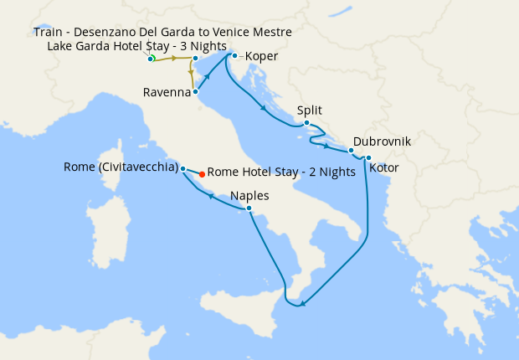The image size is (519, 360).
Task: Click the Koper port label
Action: (262, 57)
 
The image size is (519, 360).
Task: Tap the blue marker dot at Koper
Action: (234, 56)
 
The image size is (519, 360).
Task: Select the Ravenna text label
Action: (167, 92)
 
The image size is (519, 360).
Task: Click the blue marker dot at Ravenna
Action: (196, 92)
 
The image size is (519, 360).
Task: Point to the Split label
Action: (309, 110)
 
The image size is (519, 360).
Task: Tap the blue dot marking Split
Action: (307, 124)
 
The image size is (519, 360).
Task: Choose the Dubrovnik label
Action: (382, 141)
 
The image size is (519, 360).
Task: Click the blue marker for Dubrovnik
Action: (352, 151)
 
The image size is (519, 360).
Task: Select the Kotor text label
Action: (384, 168)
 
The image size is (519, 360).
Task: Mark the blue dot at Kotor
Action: (368, 157)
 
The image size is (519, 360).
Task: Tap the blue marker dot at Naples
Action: (249, 208)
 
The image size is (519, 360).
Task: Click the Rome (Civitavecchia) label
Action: (121, 167)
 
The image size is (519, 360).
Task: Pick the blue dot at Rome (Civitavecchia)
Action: (182, 168)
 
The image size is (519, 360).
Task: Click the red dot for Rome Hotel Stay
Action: (202, 175)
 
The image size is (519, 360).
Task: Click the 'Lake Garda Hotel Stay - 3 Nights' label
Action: (137, 45)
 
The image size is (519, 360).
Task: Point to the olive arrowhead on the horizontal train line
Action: (173, 59)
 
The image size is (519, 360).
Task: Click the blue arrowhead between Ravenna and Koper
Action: (207, 75)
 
